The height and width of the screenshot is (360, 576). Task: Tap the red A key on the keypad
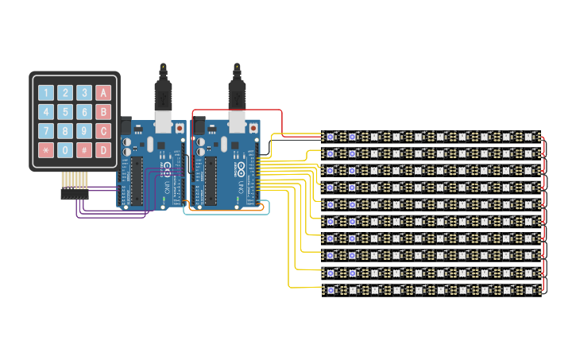103,93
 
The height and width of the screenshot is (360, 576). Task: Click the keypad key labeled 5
65,112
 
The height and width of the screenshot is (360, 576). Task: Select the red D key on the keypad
103,149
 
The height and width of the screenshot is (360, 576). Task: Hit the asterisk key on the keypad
46,149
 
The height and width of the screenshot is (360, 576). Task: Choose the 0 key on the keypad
65,149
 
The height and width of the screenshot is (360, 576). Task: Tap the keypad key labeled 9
84,131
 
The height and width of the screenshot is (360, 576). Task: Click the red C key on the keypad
103,131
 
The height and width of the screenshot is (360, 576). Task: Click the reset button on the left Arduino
180,127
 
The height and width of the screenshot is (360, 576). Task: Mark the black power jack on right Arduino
199,125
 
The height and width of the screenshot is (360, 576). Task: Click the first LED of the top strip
331,137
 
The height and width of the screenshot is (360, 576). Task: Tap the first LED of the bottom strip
331,290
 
